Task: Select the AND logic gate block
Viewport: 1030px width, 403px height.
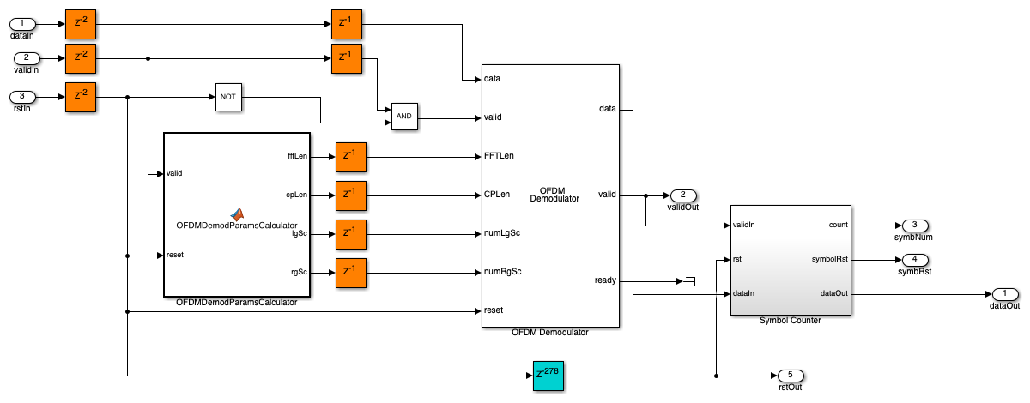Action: click(404, 117)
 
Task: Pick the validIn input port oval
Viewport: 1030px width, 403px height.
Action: click(26, 58)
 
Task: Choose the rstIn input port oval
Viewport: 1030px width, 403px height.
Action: click(26, 97)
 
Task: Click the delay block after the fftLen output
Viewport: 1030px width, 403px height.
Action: click(350, 156)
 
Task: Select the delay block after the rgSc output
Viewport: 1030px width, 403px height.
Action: click(350, 272)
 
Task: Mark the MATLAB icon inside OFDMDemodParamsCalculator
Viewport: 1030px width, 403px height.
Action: click(236, 214)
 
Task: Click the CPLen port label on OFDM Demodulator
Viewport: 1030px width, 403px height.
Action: click(497, 195)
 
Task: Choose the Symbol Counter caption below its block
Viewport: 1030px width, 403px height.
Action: click(790, 321)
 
